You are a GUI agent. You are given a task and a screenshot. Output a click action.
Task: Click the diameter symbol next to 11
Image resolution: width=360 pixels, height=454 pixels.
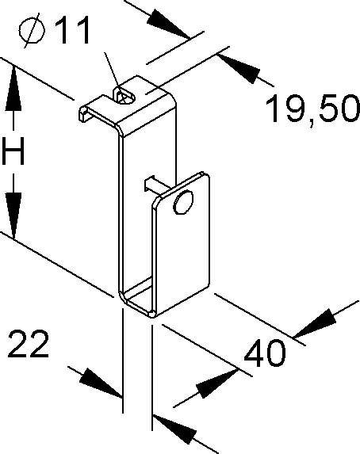click(32, 31)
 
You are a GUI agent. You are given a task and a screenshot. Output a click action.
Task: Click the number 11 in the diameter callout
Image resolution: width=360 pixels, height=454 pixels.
click(72, 30)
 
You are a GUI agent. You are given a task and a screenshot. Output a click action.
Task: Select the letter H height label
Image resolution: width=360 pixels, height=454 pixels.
click(13, 151)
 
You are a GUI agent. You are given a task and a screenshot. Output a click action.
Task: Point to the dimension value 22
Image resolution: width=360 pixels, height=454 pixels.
click(29, 343)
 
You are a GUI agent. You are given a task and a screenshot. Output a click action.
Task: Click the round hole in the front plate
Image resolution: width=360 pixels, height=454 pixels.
click(183, 202)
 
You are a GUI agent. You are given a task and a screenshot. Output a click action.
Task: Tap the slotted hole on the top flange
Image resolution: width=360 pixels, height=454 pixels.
click(125, 95)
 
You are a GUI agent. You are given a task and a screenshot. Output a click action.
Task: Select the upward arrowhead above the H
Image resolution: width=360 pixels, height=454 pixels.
click(13, 89)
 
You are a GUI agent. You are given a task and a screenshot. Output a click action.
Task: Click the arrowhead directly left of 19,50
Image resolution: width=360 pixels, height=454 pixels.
click(239, 69)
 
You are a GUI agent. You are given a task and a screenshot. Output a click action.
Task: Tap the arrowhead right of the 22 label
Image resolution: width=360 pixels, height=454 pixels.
click(100, 383)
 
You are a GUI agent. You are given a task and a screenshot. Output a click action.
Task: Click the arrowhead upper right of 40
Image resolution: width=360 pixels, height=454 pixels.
click(316, 324)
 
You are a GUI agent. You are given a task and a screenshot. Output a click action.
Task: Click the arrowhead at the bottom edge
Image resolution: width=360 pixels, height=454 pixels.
click(174, 429)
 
